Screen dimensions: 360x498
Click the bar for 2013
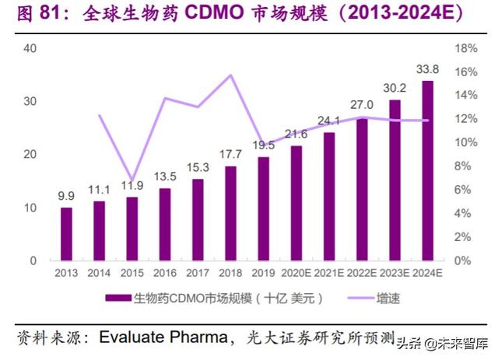click(x=66, y=233)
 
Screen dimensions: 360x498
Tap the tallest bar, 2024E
click(x=428, y=170)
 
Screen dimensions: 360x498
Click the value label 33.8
click(x=427, y=69)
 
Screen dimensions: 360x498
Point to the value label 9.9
click(x=66, y=197)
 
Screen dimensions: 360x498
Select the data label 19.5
click(x=264, y=145)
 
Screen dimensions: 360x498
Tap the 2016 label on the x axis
click(x=165, y=272)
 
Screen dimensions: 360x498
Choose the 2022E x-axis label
click(x=363, y=272)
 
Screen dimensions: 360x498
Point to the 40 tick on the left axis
click(x=31, y=48)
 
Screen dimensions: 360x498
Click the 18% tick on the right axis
click(x=465, y=48)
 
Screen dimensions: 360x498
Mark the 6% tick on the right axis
click(x=462, y=190)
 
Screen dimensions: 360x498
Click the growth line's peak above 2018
click(x=230, y=75)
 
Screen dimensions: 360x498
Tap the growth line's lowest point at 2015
click(x=132, y=180)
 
